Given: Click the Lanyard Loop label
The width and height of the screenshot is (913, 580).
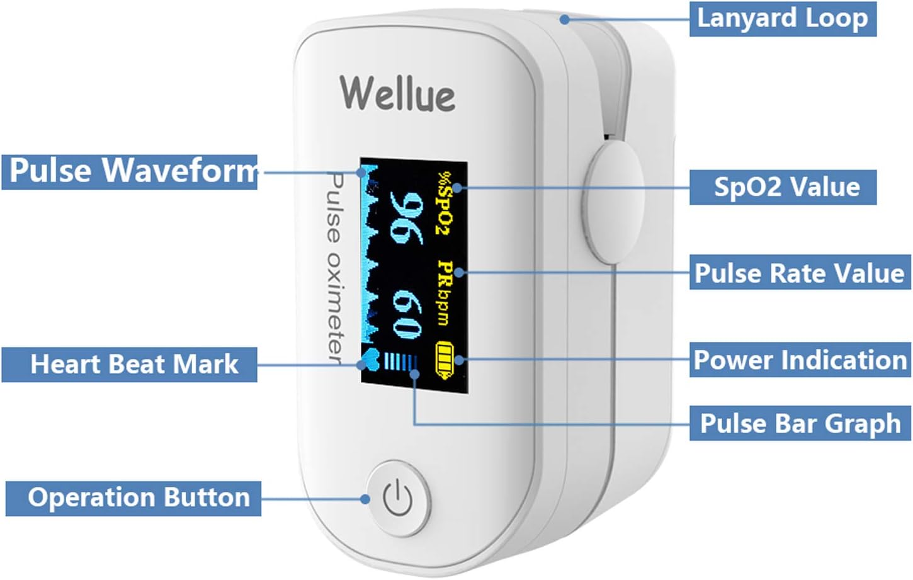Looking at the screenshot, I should pos(782,18).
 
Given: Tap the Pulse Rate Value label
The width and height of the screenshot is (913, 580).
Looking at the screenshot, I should pos(799,273).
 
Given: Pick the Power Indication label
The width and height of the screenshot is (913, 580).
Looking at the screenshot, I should pos(800,360).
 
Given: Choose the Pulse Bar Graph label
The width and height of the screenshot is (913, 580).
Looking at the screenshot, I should pos(800,423).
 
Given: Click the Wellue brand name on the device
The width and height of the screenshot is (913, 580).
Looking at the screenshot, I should pos(397,94).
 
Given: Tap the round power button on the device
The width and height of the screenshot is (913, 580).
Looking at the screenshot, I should pos(398,498).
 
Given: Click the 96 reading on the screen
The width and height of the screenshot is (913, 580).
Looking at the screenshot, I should pos(406,219).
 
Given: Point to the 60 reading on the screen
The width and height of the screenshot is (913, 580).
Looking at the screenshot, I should pos(406,315).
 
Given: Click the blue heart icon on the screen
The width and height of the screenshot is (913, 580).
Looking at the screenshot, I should pos(370,361).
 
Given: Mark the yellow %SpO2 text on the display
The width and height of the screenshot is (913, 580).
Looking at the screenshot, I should pos(445,203).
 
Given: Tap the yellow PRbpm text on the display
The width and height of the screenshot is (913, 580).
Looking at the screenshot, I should pos(445,292).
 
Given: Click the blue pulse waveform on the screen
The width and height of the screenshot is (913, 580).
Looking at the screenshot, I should pos(371,252).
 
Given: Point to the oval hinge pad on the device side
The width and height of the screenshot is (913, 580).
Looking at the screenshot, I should pos(612,202).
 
